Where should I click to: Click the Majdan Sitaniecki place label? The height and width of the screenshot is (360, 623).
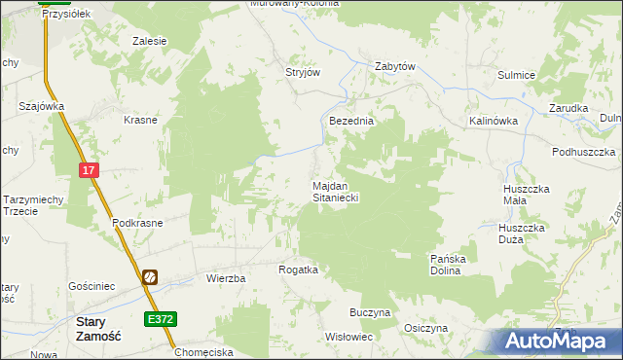point(336,191)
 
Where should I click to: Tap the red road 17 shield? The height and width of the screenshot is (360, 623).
point(90,170)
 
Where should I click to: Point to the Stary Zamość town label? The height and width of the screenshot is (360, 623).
point(97,328)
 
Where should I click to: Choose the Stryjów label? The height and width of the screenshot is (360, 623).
point(303,72)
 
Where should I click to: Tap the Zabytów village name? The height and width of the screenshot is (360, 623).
point(396,67)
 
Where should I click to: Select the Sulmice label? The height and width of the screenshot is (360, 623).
point(517,74)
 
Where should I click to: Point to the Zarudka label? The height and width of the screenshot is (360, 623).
point(568,108)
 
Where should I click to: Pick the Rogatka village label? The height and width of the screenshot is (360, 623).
point(299,270)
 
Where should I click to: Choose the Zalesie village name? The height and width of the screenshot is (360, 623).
point(150,41)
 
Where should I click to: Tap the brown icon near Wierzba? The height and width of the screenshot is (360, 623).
point(150,277)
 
